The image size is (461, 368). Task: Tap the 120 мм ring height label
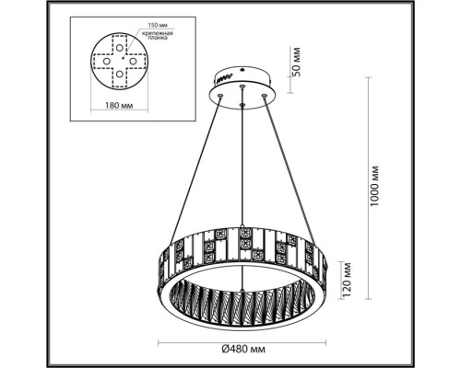(x=346, y=273)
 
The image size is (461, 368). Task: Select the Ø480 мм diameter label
(x=243, y=348)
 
